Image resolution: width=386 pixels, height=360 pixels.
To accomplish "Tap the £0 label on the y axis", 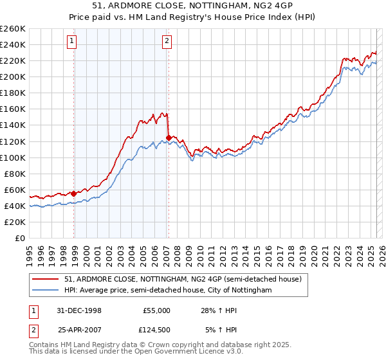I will pos(19,239).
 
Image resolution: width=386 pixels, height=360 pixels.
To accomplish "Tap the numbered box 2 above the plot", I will pos(167,42).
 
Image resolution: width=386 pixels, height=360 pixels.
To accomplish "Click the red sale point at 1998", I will pos(74,194).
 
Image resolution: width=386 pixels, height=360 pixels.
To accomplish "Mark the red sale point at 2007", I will pos(169,138).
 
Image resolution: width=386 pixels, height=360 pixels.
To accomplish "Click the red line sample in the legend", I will pos(46,279).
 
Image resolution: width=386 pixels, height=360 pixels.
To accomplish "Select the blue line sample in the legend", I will pos(46,291).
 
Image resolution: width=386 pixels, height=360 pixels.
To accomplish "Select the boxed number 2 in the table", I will pos(33,330).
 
